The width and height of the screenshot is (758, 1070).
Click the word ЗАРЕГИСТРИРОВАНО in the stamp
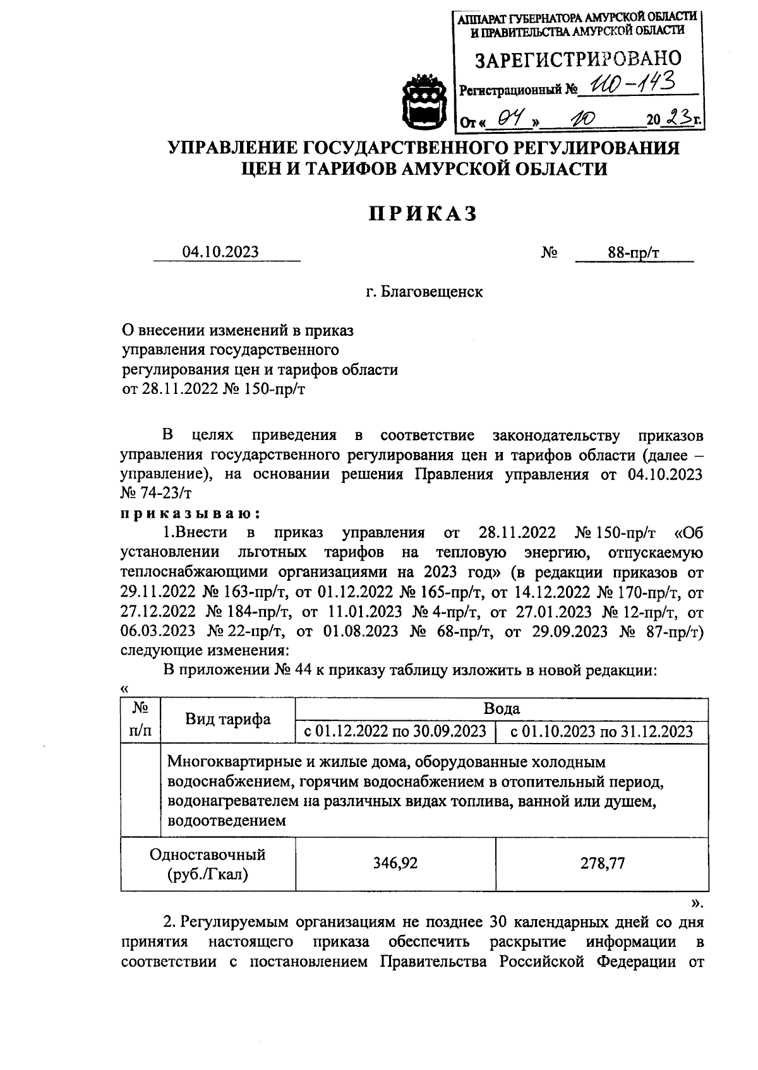click(577, 59)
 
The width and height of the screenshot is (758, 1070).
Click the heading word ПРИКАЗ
click(423, 214)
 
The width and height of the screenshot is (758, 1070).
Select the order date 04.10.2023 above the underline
click(220, 252)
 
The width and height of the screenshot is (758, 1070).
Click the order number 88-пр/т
click(634, 253)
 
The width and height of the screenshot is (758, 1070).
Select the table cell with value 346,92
click(395, 864)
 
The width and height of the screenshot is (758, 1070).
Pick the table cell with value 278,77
click(602, 864)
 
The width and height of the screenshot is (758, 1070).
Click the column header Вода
click(502, 708)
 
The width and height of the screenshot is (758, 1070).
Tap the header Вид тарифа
click(227, 719)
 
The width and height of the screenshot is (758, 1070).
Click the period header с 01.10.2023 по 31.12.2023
click(601, 731)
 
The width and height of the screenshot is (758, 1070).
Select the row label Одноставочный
click(207, 855)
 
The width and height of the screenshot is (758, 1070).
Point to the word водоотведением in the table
click(227, 821)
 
